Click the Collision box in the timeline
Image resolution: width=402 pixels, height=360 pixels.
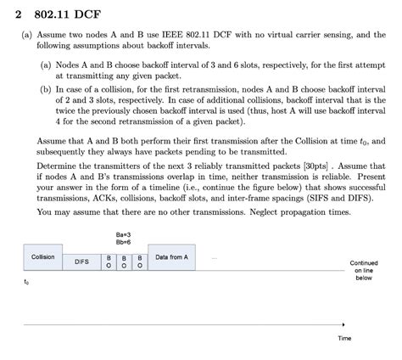43,256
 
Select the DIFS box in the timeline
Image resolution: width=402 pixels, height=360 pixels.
82,262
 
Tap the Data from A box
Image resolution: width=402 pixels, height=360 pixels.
172,256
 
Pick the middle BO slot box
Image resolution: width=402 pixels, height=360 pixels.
125,262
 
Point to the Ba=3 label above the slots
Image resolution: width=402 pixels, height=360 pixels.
124,232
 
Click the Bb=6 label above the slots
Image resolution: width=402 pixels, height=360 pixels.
124,241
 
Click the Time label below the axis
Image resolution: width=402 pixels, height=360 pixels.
344,337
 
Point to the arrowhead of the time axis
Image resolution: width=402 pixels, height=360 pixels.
343,323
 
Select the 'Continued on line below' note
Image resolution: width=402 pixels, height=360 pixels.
364,270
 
